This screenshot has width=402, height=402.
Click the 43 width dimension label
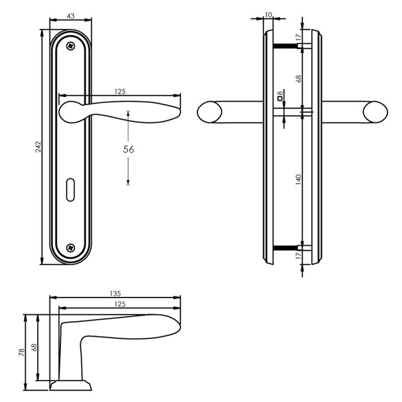point(71,16)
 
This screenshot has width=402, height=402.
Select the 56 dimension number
point(129,149)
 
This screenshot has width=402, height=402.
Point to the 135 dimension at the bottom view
point(114,293)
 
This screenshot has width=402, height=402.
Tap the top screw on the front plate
point(71,45)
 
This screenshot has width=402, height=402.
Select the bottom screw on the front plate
point(71,248)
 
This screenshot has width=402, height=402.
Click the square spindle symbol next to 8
point(280,100)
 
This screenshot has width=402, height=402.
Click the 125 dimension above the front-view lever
point(119,91)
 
